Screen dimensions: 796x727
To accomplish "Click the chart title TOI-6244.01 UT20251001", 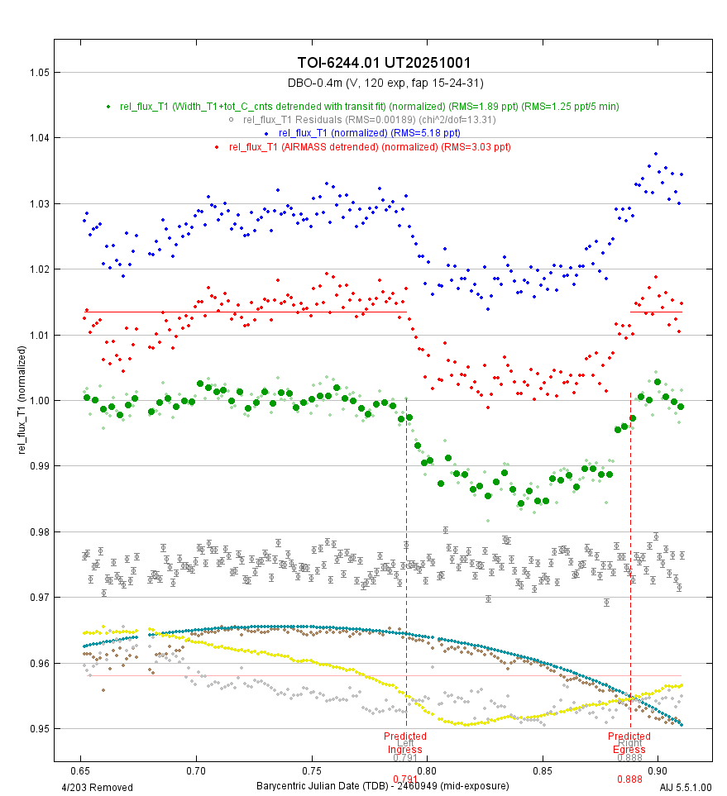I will click(x=385, y=64).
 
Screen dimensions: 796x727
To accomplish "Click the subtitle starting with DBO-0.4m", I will click(x=385, y=83).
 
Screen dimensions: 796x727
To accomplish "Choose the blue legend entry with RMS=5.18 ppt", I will click(x=369, y=133).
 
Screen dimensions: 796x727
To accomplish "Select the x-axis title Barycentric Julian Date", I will click(x=382, y=785).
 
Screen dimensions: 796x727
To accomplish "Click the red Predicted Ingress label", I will click(x=405, y=743).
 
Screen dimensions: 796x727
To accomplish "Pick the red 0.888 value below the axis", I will click(x=629, y=779).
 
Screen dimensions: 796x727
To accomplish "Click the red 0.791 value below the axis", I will click(x=405, y=779).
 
